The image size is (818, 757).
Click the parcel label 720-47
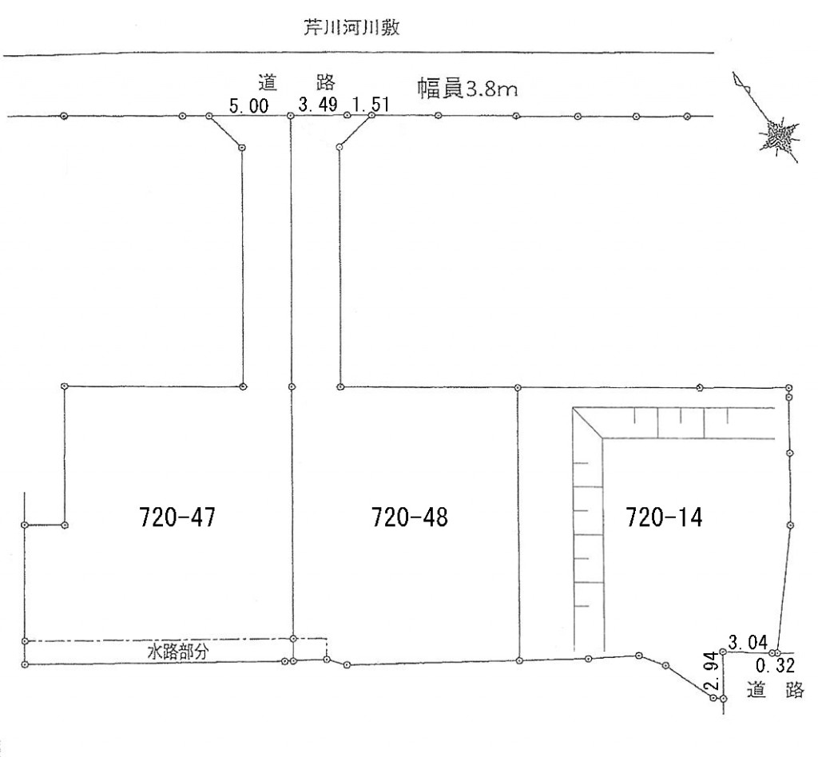tap(177, 518)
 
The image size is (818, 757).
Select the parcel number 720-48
tap(410, 518)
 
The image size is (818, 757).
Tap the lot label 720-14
tap(665, 518)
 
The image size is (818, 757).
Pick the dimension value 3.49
tap(318, 105)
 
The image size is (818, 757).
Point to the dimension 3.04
tap(749, 641)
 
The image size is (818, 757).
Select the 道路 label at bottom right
tap(775, 691)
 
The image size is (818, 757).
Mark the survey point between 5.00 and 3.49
tap(291, 117)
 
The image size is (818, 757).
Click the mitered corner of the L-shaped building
tap(589, 423)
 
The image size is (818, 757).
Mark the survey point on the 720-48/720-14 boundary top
tap(518, 387)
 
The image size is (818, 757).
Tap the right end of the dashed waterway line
tap(327, 640)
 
